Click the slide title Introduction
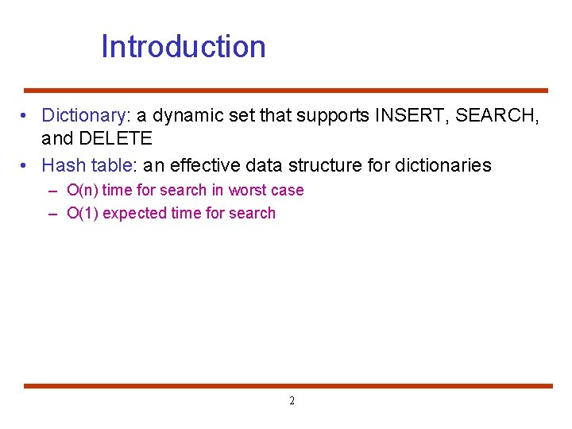tap(184, 47)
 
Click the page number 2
tap(292, 401)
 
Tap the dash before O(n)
tap(52, 191)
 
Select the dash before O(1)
tap(52, 214)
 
